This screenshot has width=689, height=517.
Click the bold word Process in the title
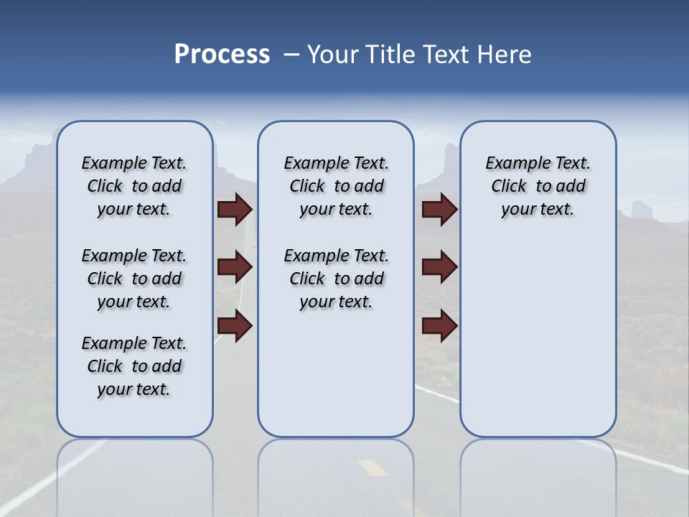[x=222, y=55]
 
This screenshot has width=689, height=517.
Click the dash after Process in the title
[x=291, y=55]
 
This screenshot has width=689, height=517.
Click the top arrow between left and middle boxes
[x=235, y=209]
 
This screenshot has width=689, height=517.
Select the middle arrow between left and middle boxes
[x=235, y=268]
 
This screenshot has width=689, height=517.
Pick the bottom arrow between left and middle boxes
[x=235, y=326]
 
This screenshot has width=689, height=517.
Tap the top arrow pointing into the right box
[x=439, y=209]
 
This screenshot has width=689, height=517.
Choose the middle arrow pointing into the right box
[x=439, y=267]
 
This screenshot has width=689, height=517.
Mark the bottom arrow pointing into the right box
[x=439, y=326]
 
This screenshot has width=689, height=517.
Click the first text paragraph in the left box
[x=134, y=186]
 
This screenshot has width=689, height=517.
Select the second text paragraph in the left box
[x=134, y=279]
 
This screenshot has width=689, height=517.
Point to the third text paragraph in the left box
[x=134, y=366]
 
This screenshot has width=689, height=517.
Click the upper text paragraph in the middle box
[x=336, y=186]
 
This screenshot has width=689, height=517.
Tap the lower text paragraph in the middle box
[x=336, y=279]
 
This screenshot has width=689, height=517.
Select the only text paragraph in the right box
[x=538, y=186]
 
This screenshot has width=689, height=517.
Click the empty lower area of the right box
[x=538, y=345]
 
